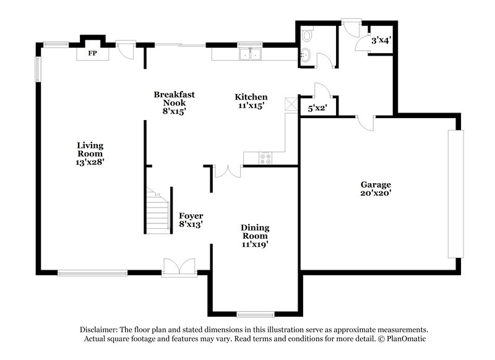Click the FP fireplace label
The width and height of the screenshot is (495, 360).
click(x=92, y=54)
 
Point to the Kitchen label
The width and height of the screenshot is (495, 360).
click(x=251, y=101)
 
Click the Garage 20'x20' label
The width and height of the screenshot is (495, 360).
click(x=376, y=189)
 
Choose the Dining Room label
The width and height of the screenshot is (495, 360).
click(x=254, y=236)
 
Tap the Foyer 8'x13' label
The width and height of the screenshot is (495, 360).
click(x=191, y=220)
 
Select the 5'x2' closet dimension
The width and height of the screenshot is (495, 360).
click(x=317, y=109)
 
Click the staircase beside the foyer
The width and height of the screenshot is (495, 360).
click(x=159, y=210)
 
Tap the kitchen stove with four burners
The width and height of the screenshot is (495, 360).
click(x=267, y=158)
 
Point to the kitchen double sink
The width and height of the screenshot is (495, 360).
click(x=251, y=54)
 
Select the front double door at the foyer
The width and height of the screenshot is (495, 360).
click(x=179, y=267)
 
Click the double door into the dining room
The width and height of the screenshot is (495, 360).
click(x=226, y=171)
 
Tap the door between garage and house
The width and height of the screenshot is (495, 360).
click(x=367, y=122)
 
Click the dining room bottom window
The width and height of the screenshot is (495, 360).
click(x=256, y=314)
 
